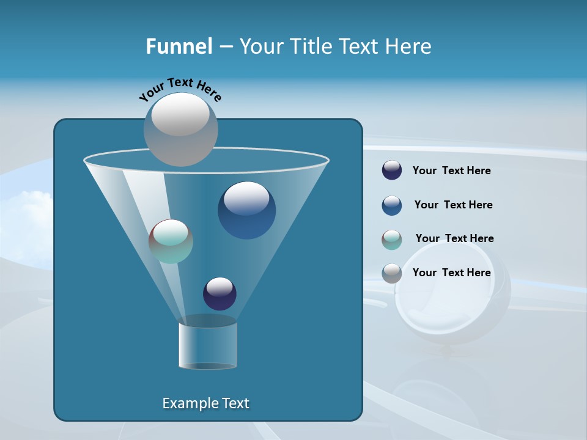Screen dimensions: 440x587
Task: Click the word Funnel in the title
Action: tap(179, 46)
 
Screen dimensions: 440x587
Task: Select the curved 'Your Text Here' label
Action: tap(180, 89)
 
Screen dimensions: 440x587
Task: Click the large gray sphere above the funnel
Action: tap(181, 130)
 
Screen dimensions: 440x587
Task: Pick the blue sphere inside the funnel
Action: tap(247, 211)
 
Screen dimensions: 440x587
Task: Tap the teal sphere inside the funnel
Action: tap(171, 241)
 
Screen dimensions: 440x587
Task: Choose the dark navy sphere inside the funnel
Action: tap(220, 294)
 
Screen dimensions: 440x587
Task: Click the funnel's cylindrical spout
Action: tap(208, 345)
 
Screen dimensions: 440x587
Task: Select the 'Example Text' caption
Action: tap(206, 403)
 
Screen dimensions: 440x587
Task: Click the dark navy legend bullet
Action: tap(392, 170)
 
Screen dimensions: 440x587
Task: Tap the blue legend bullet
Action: tap(392, 205)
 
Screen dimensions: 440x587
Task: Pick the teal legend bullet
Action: tap(392, 240)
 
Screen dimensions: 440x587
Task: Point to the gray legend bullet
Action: tap(392, 273)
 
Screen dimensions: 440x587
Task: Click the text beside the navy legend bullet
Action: tap(452, 170)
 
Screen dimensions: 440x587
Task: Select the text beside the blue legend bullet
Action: tap(454, 205)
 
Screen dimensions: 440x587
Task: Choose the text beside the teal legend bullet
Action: tap(455, 238)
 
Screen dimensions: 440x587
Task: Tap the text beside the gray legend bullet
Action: tap(452, 273)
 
